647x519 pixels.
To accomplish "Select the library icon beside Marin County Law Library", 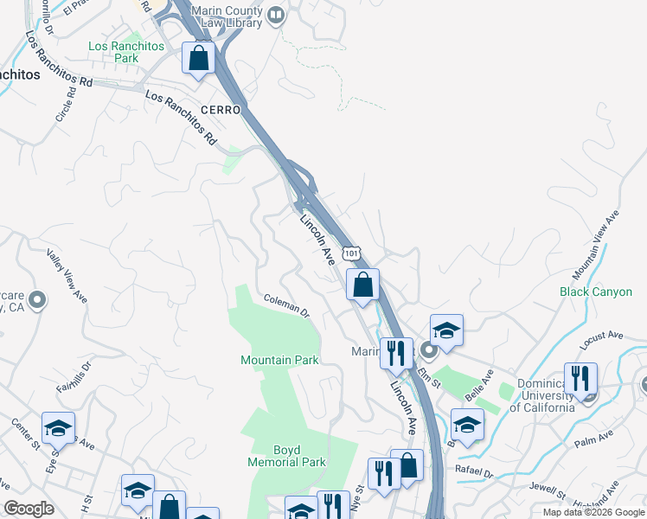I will pos(276,14).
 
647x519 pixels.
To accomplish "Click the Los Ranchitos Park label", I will pos(113,52).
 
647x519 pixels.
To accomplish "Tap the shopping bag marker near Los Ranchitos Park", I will pos(199,59).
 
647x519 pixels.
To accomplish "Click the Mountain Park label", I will pos(279,360).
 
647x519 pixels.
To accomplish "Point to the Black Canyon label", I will pos(596,292).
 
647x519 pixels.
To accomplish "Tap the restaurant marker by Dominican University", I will pos(580,378).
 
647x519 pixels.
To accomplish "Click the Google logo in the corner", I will pos(29,509).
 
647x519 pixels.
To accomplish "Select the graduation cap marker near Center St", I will pos(58,428).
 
